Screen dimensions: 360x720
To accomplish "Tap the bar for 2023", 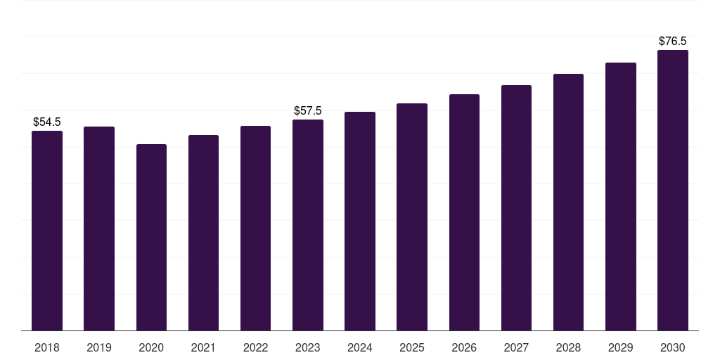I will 308,225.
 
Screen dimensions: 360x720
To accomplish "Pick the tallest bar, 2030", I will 672,190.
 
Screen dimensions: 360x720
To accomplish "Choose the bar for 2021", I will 203,233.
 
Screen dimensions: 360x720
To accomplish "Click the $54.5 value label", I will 47,122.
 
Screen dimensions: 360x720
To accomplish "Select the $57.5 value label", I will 308,111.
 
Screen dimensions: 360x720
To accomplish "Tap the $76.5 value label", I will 672,41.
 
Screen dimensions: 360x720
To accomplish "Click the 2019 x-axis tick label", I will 99,347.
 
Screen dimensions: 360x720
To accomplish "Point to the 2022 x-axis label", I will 255,347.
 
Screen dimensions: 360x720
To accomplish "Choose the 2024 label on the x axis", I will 360,347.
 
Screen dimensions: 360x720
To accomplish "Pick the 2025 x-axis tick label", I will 412,347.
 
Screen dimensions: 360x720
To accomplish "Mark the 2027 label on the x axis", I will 516,347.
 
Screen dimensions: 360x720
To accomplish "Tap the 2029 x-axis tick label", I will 620,347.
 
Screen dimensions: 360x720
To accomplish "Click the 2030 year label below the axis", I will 672,347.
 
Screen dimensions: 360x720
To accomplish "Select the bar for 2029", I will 620,196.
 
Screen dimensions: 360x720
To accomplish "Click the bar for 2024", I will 360,221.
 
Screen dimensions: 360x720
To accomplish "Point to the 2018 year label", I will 47,347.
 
